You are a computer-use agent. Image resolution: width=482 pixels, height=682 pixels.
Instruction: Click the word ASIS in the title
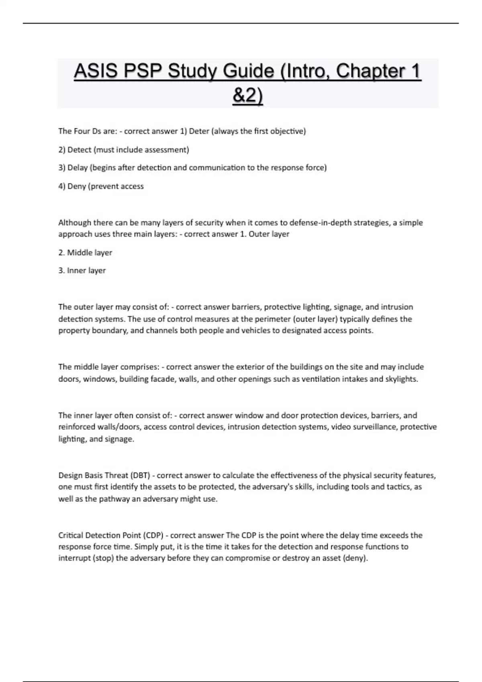96,71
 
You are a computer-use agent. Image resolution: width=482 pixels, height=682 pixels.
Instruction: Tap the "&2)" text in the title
247,96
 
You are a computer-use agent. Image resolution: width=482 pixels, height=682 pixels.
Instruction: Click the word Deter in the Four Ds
199,131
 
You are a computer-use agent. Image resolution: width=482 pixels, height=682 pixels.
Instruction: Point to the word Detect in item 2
79,150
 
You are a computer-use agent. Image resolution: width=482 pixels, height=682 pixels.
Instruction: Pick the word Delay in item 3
78,168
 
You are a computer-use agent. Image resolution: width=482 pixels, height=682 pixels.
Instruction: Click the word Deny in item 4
76,186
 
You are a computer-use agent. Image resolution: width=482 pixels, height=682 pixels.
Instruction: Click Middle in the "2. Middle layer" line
79,253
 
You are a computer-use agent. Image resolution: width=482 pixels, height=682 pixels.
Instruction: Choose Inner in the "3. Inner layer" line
76,270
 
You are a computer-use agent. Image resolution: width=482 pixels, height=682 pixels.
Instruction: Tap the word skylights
401,379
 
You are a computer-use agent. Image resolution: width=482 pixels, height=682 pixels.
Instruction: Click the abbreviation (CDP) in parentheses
153,535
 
